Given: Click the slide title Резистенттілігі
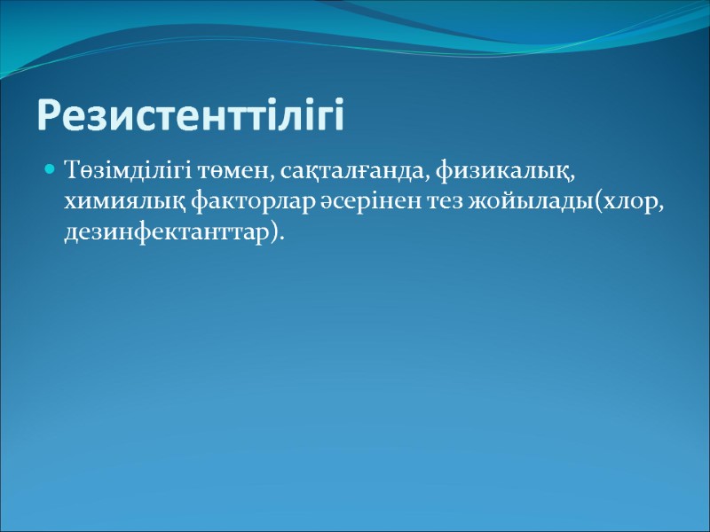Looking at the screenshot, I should tap(190, 116).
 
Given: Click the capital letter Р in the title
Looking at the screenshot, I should tap(50, 116).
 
